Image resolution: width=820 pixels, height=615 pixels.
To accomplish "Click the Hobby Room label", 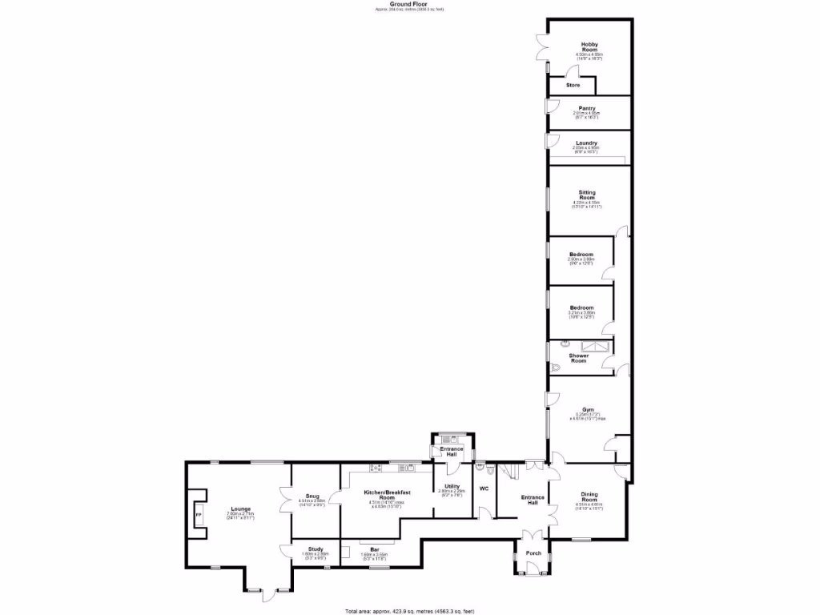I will click(x=589, y=47).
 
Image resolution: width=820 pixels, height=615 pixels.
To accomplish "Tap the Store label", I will click(x=573, y=85).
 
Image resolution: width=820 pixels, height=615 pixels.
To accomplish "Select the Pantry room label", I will click(x=587, y=108).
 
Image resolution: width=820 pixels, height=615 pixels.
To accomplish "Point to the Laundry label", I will click(x=587, y=143).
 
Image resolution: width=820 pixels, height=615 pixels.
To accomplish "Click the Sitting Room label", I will click(x=587, y=195).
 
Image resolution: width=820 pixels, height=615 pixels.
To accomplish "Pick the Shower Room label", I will click(x=578, y=358).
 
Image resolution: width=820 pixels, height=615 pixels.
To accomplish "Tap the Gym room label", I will click(x=587, y=408).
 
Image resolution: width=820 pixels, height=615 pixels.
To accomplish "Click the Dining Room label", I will click(x=589, y=497).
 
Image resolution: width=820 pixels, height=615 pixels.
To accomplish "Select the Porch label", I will click(x=533, y=553).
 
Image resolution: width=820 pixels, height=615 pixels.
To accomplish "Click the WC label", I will click(x=484, y=488).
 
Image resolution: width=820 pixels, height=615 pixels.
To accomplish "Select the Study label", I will click(x=315, y=549).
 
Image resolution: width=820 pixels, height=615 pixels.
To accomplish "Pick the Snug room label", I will click(x=312, y=496).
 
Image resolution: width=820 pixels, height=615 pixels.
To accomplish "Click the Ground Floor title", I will click(x=404, y=4).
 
